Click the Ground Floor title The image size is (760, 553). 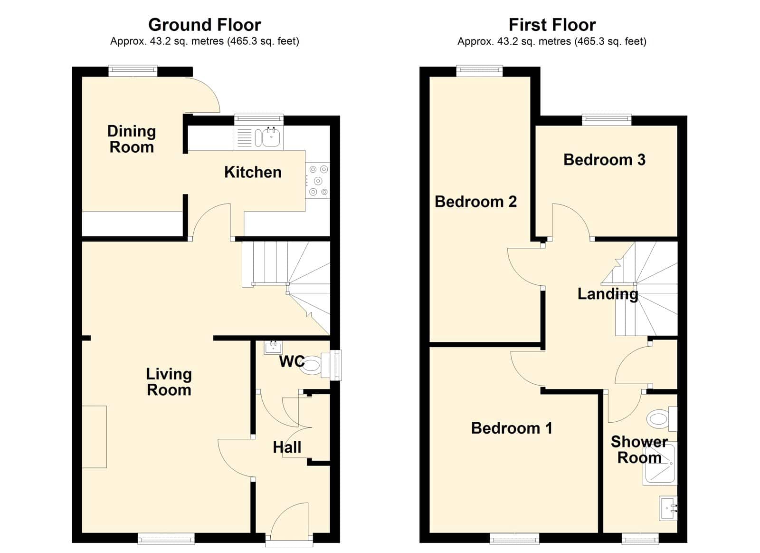pyautogui.click(x=205, y=25)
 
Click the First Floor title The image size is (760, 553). pyautogui.click(x=552, y=25)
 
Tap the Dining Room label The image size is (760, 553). pyautogui.click(x=132, y=139)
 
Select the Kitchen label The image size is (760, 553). pyautogui.click(x=253, y=172)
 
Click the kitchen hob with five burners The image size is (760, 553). pyautogui.click(x=318, y=180)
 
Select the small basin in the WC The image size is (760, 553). pyautogui.click(x=274, y=347)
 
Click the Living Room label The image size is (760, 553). pyautogui.click(x=169, y=382)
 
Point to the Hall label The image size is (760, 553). pyautogui.click(x=287, y=447)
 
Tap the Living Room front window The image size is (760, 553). pyautogui.click(x=166, y=538)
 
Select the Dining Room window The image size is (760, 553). pyautogui.click(x=133, y=71)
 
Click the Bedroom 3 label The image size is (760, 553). pyautogui.click(x=604, y=160)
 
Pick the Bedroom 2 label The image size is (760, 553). pyautogui.click(x=475, y=202)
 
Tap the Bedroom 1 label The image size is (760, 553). pyautogui.click(x=512, y=428)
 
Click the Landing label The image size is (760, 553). pyautogui.click(x=608, y=294)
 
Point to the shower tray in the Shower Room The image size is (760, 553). pyautogui.click(x=660, y=463)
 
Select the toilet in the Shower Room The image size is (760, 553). pyautogui.click(x=662, y=418)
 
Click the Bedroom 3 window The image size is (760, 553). pyautogui.click(x=607, y=120)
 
